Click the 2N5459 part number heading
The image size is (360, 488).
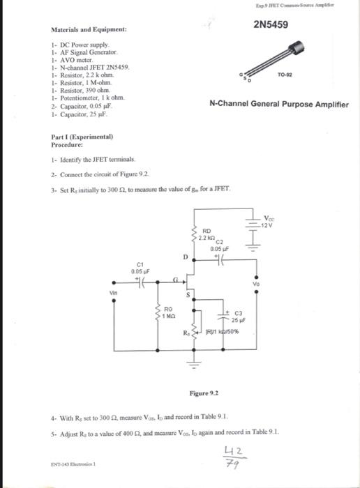(x=272, y=26)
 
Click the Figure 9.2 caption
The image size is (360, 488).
(x=204, y=392)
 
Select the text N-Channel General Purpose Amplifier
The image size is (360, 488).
(x=279, y=105)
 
